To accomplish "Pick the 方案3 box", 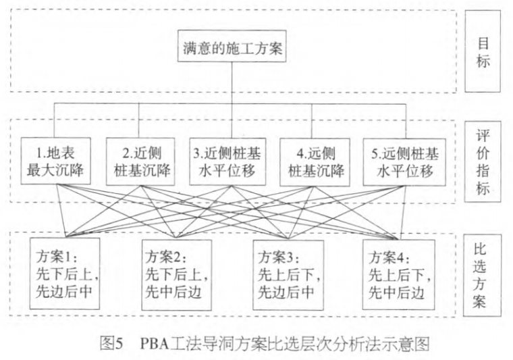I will click(x=288, y=273).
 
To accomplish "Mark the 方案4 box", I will click(x=398, y=273).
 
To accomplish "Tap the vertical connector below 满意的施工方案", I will click(x=233, y=84).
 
